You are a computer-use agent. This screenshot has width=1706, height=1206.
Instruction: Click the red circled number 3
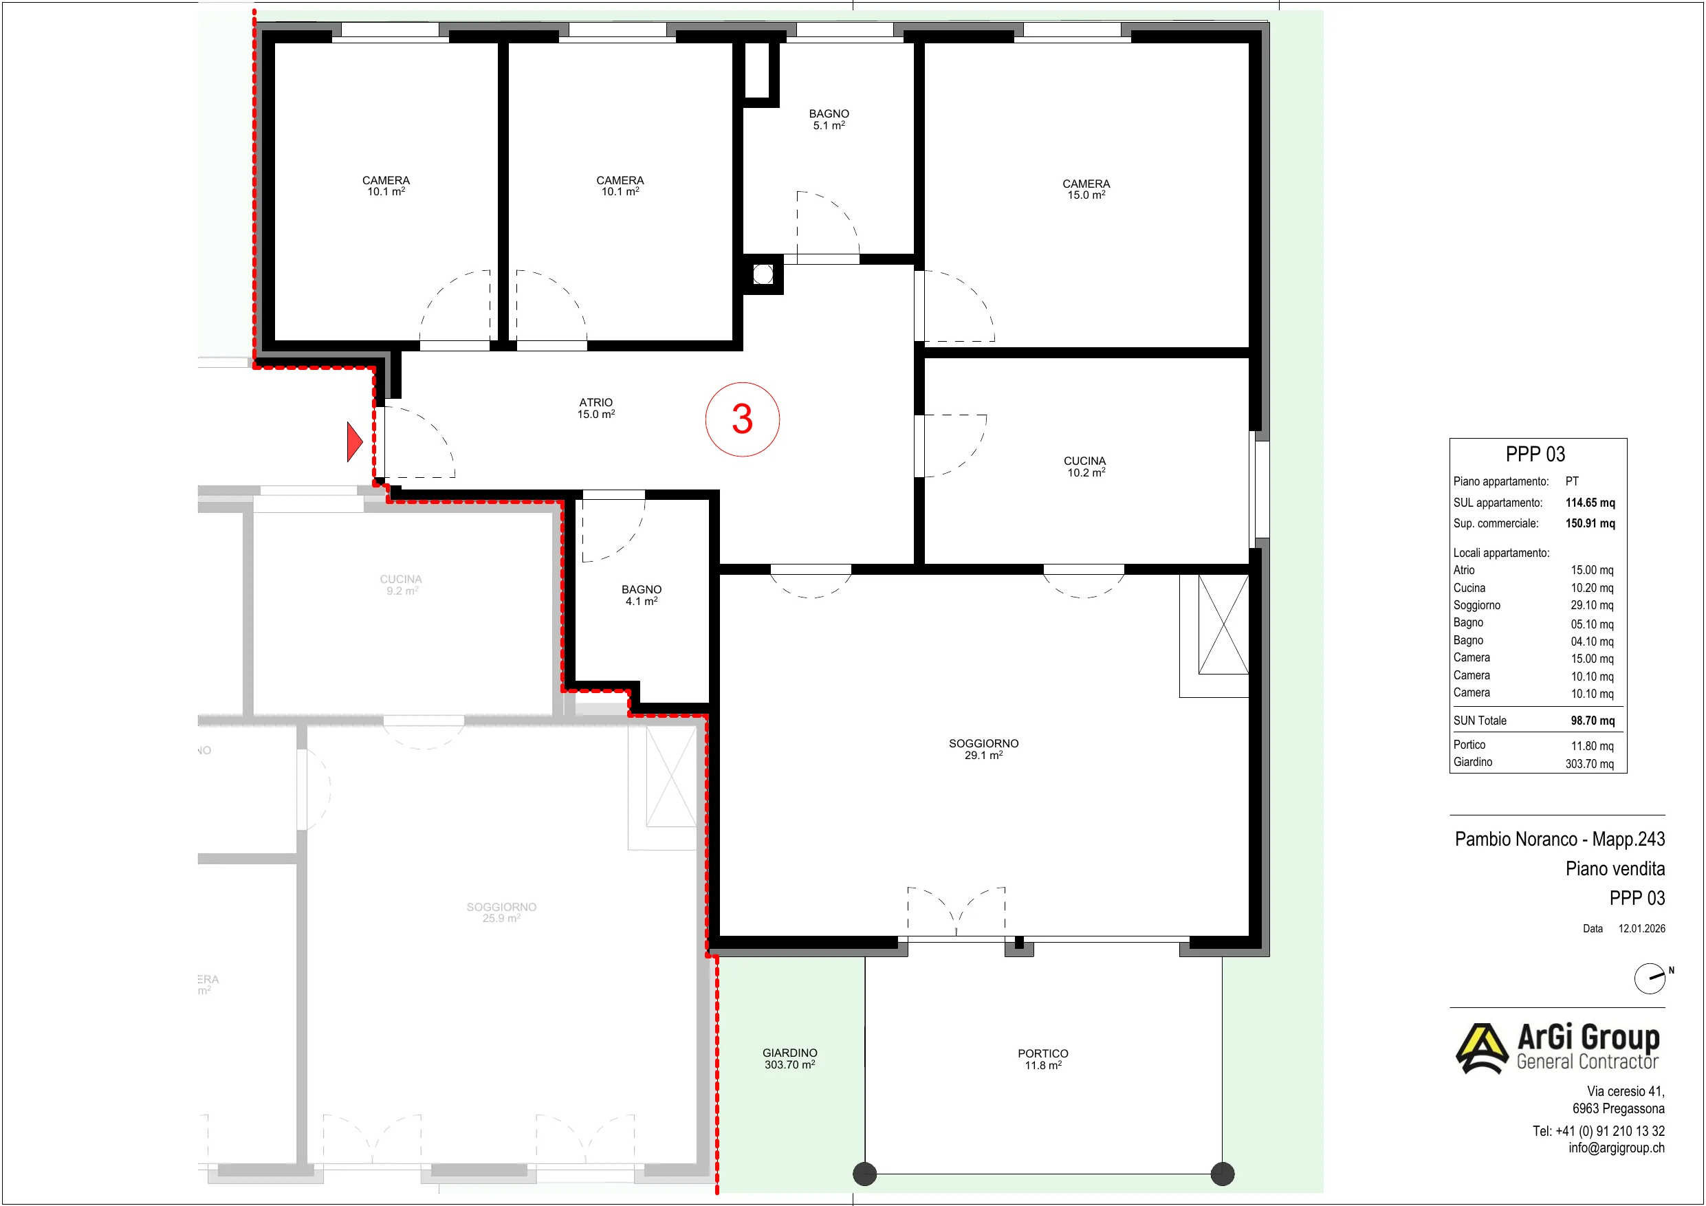(742, 419)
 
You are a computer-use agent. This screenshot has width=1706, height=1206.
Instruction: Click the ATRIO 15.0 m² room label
(596, 408)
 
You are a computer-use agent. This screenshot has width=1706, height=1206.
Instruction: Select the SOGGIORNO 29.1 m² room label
(983, 749)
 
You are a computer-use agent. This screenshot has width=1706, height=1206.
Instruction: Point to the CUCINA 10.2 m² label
(1085, 467)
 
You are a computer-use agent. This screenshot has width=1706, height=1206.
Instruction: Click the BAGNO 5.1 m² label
(829, 120)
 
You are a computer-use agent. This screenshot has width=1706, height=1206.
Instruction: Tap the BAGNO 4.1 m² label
(642, 595)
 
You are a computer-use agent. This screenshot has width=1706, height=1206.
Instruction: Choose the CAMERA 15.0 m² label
(1086, 190)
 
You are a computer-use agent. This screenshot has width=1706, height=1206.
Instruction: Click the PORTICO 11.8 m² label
(1042, 1060)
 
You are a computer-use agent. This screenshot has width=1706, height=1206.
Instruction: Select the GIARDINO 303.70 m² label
(789, 1059)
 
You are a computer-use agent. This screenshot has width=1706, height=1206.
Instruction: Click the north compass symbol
(1650, 978)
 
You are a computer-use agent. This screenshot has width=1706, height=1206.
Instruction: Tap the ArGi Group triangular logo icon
(1483, 1049)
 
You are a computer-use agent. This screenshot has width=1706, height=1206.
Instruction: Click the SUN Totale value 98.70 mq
(1593, 721)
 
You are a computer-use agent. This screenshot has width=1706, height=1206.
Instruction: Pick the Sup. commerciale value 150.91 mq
(1590, 523)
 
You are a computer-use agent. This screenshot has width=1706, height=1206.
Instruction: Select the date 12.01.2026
(1641, 929)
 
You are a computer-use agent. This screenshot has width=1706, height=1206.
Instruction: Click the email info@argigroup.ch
(1616, 1148)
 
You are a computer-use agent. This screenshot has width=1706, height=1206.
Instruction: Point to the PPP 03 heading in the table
(1535, 454)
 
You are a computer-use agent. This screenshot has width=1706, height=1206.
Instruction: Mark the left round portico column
(865, 1174)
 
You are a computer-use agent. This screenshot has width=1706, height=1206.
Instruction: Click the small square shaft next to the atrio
(763, 274)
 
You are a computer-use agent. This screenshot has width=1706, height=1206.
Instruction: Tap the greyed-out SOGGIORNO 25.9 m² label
(501, 912)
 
